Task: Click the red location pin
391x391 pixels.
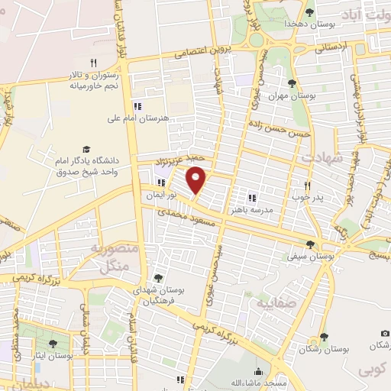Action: [x=197, y=180]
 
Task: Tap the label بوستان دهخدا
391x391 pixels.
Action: [x=285, y=24]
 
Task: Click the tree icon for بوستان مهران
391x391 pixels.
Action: [x=292, y=83]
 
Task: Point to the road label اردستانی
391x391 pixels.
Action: [x=331, y=47]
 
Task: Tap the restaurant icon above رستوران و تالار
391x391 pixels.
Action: [x=94, y=63]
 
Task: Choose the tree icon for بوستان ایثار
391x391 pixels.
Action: [x=52, y=344]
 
